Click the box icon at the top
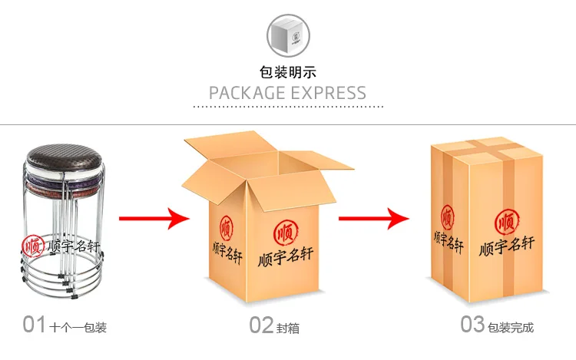(288, 35)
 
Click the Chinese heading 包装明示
(288, 73)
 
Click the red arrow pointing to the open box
(154, 219)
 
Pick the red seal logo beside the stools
(33, 247)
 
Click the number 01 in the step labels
(35, 325)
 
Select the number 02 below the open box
(262, 325)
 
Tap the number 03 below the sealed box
(472, 324)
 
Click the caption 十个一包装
(78, 328)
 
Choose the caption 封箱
(288, 328)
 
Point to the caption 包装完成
(511, 328)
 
